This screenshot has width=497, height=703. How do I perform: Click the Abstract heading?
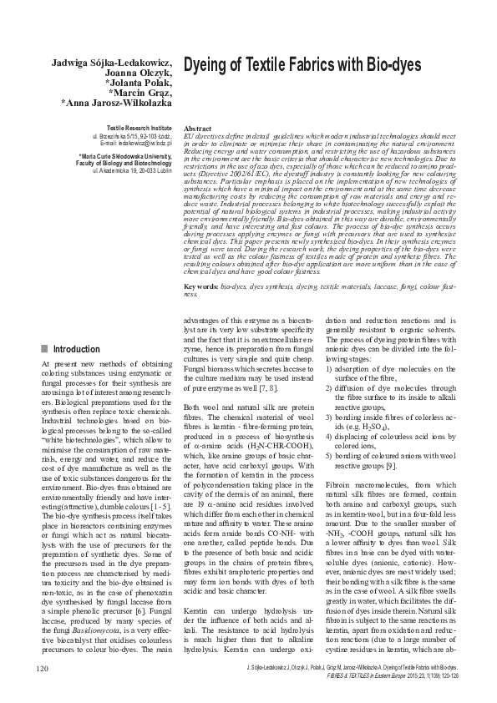tap(197, 128)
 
